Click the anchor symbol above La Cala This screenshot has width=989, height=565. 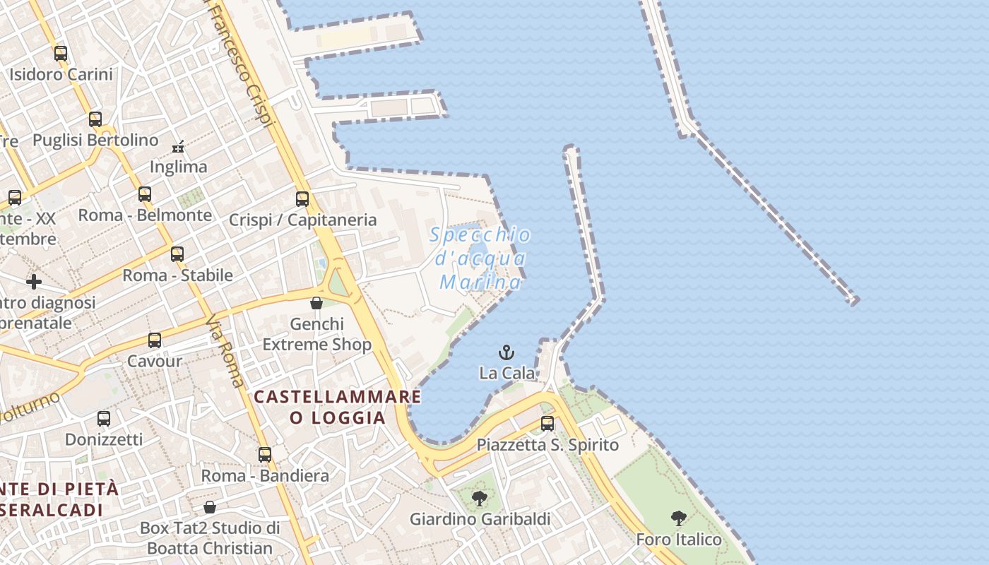(x=507, y=352)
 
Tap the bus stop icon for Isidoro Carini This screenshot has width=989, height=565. (x=61, y=53)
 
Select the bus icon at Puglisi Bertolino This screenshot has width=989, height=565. (x=95, y=119)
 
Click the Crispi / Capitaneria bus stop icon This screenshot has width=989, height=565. (x=302, y=198)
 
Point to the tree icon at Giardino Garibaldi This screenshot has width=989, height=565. (x=480, y=499)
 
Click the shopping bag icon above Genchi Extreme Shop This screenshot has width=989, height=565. (x=316, y=303)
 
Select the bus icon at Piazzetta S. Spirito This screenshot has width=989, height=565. (x=547, y=424)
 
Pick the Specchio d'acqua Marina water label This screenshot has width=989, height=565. (x=480, y=258)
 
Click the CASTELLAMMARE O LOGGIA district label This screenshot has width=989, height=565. (x=338, y=407)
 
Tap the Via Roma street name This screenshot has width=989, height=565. (x=226, y=352)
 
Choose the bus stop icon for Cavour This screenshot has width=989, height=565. (x=155, y=340)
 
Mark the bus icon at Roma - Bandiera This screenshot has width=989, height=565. (x=265, y=455)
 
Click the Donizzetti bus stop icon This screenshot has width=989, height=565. (x=104, y=418)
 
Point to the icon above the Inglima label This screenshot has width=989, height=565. (x=179, y=147)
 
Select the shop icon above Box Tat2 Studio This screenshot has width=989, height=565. (x=210, y=507)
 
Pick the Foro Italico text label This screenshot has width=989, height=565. (x=679, y=540)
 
